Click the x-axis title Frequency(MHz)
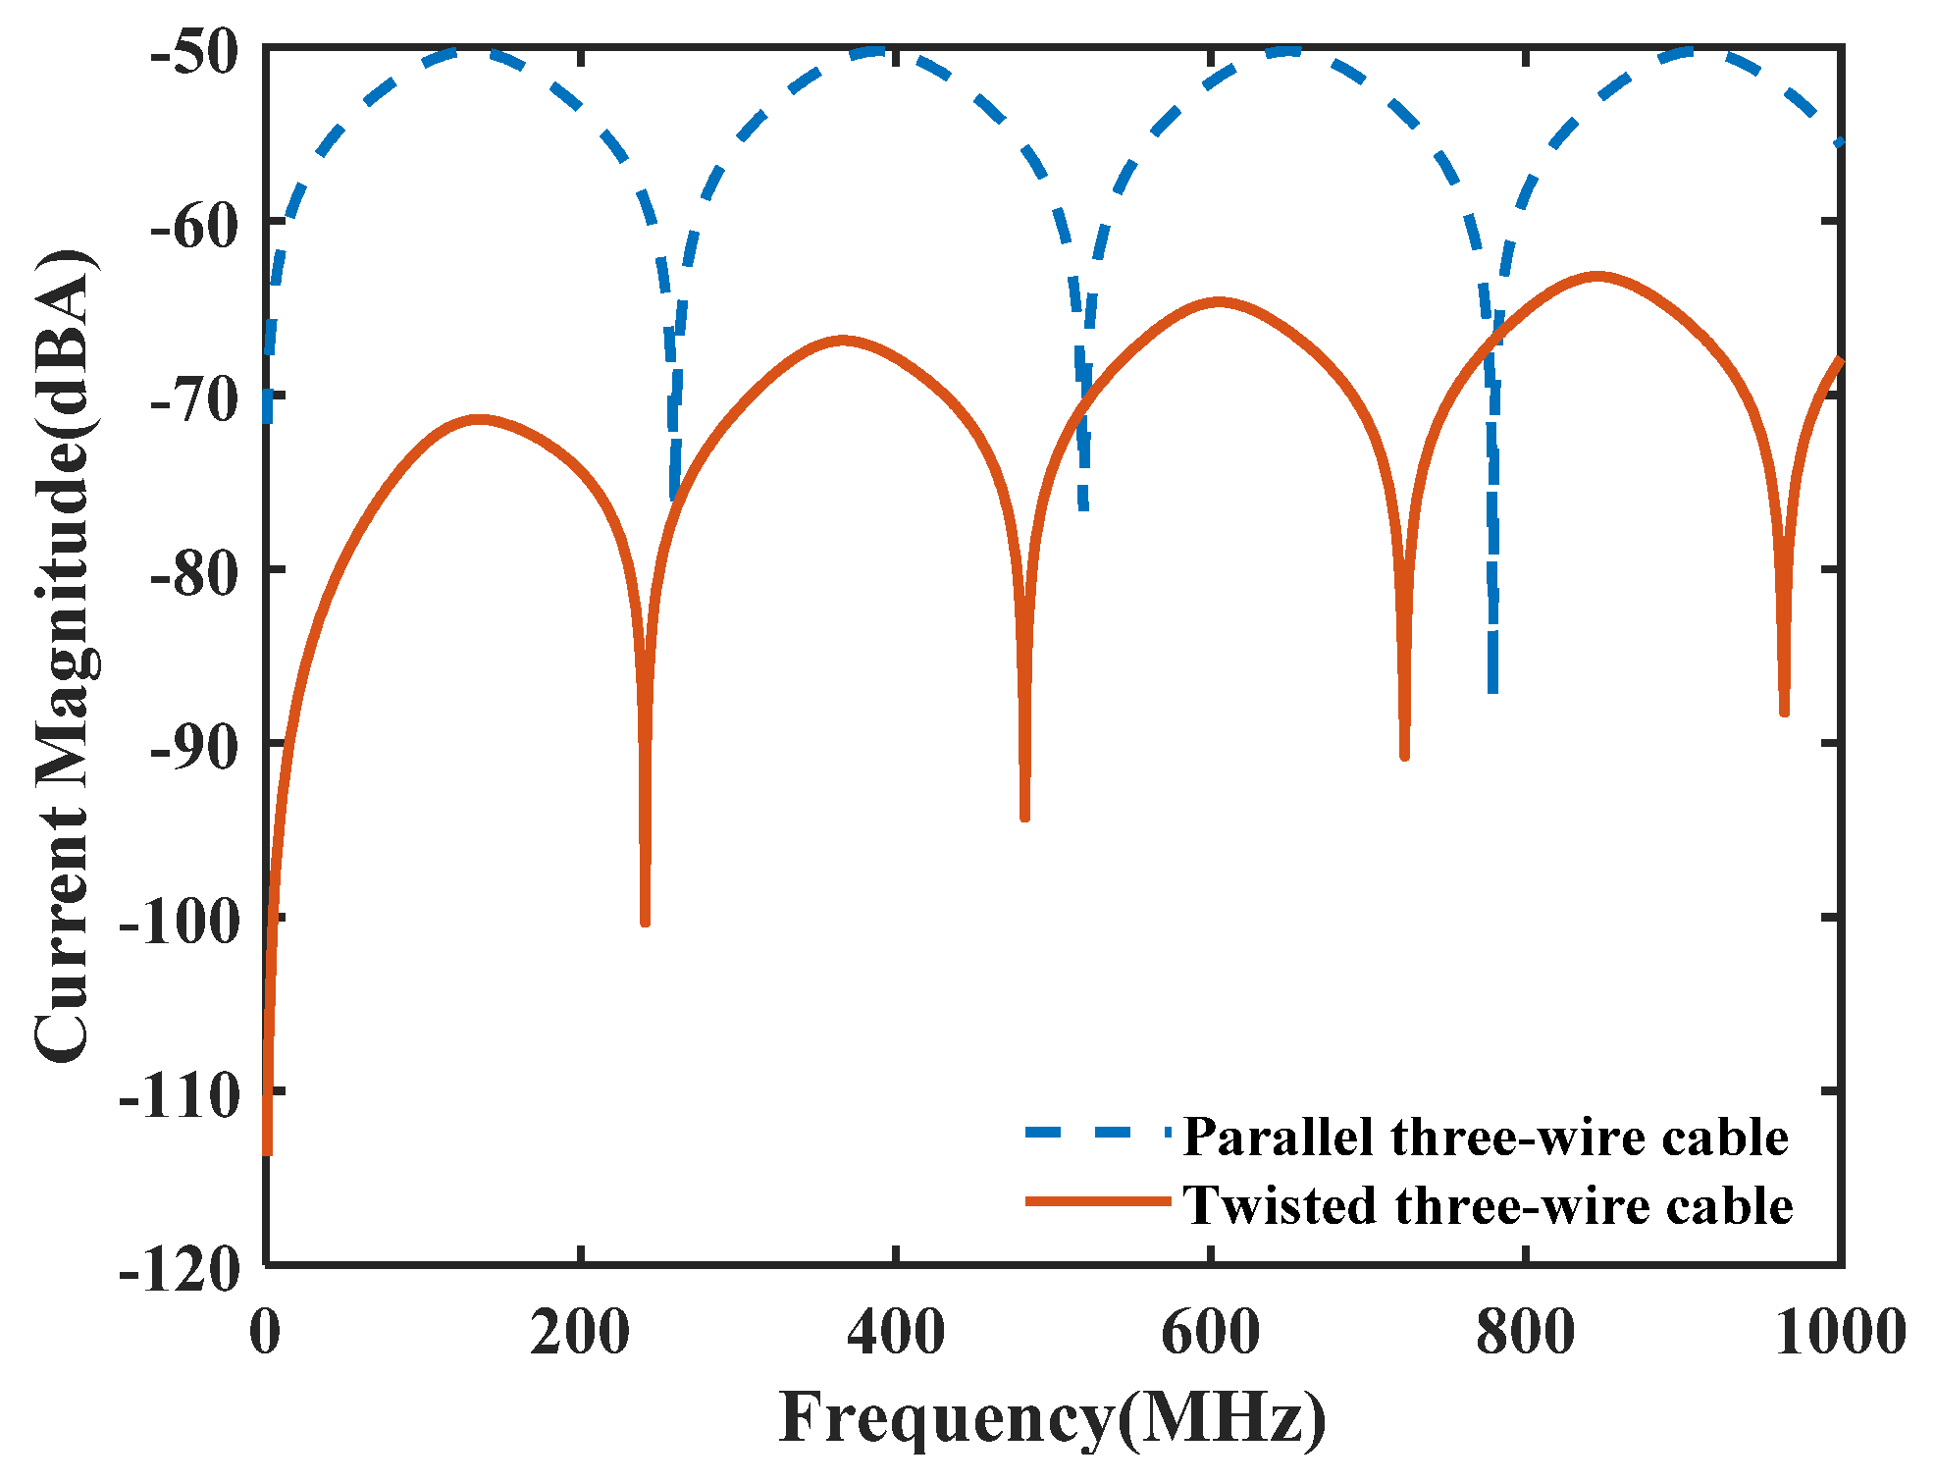[1053, 1418]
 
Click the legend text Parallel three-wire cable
[1486, 1137]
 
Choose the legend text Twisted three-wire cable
[1488, 1204]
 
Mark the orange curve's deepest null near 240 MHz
[645, 921]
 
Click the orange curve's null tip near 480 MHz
[1024, 816]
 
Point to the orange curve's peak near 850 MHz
[1597, 277]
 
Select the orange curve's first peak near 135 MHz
[478, 419]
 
